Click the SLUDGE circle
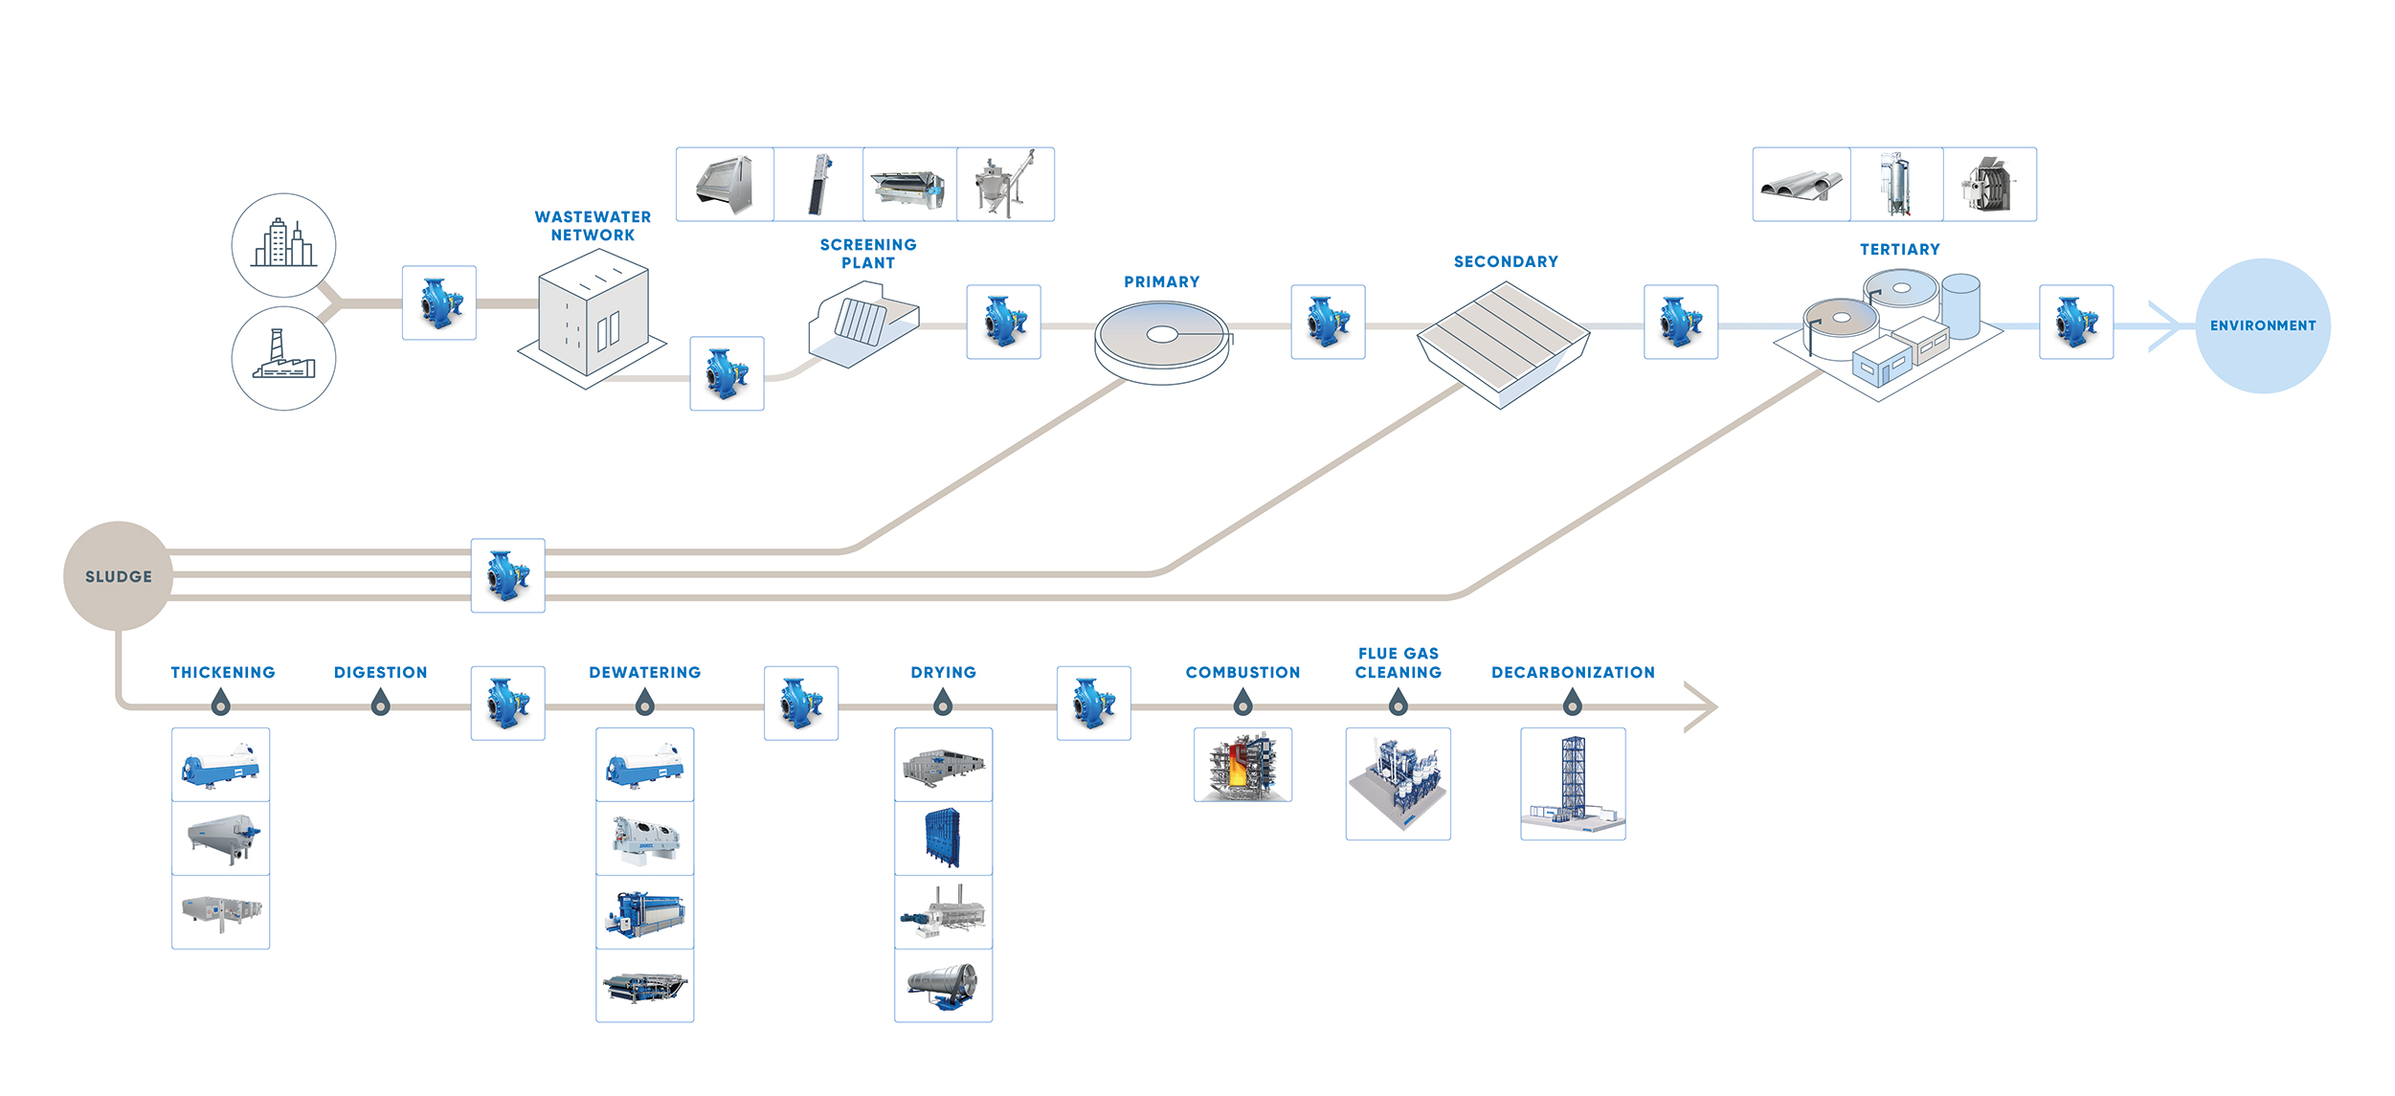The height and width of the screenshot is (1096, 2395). (x=118, y=576)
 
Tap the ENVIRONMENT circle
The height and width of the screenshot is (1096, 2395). (x=2262, y=325)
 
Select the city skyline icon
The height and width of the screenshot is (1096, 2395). (x=283, y=245)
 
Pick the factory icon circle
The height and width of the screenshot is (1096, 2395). (x=283, y=358)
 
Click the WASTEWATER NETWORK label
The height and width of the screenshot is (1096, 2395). (x=593, y=226)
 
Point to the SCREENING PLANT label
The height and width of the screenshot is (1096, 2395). (x=868, y=254)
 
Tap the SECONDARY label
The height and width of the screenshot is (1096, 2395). (x=1506, y=261)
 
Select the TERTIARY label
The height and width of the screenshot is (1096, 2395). (x=1899, y=249)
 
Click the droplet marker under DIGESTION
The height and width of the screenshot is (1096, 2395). (x=380, y=705)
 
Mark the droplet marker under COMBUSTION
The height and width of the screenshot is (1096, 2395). (x=1242, y=705)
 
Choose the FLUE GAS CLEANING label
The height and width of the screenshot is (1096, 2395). (x=1398, y=662)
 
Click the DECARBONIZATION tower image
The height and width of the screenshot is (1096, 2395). (x=1573, y=783)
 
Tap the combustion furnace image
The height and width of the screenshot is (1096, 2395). (x=1242, y=765)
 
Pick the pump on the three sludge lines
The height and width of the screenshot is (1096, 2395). (x=507, y=575)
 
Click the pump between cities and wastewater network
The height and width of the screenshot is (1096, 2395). (x=438, y=302)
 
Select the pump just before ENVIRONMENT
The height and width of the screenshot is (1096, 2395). (x=2075, y=322)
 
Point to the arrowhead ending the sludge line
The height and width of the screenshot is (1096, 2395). (x=1703, y=707)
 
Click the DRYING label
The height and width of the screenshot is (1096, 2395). (x=943, y=672)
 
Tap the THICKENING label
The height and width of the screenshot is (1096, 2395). (x=222, y=672)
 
